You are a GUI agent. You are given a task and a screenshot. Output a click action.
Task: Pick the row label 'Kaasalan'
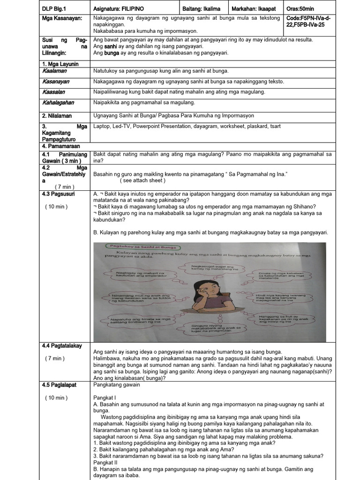[53, 91]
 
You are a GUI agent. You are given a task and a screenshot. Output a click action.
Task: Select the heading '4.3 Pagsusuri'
[58, 193]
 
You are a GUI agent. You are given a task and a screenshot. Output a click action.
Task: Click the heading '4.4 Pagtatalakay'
[62, 345]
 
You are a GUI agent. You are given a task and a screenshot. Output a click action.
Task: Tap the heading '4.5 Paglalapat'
[59, 385]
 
